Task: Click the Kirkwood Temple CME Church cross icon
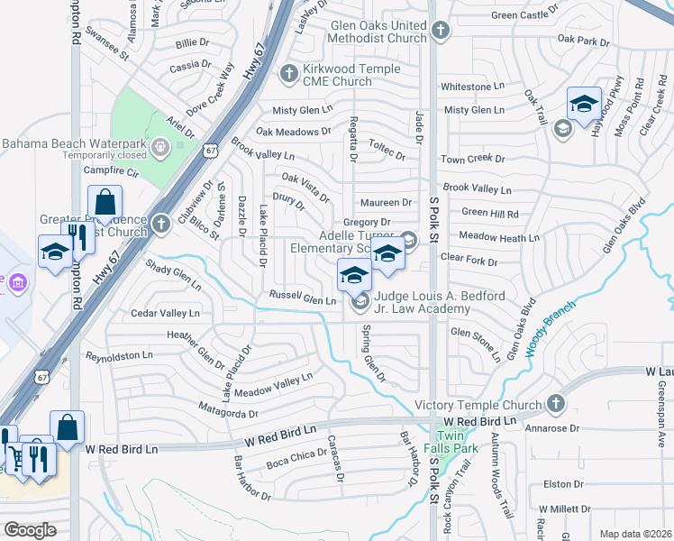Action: [x=289, y=74]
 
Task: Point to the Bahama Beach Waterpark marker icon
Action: [x=160, y=145]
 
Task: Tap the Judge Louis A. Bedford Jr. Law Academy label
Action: [x=423, y=302]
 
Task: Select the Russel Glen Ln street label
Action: [x=302, y=298]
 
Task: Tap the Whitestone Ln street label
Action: [x=472, y=87]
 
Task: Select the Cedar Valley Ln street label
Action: [x=165, y=313]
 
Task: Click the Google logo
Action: [x=30, y=529]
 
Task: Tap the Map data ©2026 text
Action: [x=634, y=534]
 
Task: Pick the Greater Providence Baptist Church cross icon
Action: [x=161, y=224]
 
